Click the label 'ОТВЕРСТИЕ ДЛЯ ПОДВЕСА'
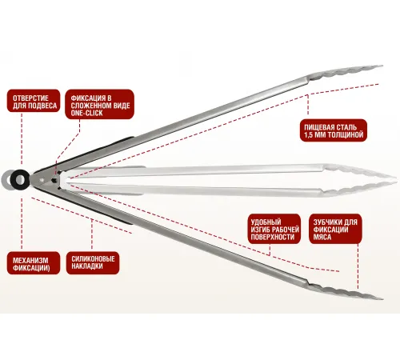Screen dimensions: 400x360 [x=34, y=101]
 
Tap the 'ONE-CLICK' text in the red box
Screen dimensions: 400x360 [x=86, y=113]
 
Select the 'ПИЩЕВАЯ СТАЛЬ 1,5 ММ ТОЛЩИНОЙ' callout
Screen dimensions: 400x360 [x=334, y=130]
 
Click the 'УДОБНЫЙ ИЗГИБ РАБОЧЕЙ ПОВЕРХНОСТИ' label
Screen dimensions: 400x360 [x=274, y=229]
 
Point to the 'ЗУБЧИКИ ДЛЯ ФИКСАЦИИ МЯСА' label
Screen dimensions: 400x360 [x=335, y=229]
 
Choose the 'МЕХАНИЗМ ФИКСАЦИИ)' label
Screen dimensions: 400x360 [x=34, y=263]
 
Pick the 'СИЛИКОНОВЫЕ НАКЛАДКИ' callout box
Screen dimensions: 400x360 [x=93, y=262]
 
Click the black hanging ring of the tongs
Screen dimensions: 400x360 [x=19, y=179]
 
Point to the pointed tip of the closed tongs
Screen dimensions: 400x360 [x=394, y=180]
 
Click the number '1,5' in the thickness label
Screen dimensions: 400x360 [x=308, y=134]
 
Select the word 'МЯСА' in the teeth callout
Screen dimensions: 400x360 [x=322, y=237]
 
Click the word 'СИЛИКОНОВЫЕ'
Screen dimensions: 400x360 [x=93, y=258]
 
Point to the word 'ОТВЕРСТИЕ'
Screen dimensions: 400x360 [x=30, y=98]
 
